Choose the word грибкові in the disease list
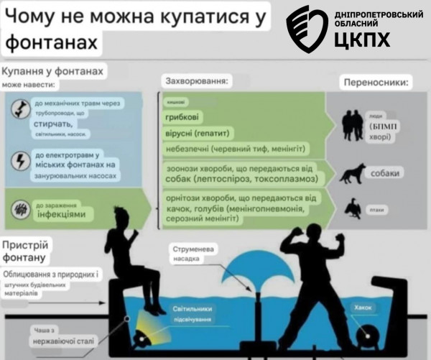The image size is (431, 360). (x=183, y=117)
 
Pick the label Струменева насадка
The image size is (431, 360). (x=191, y=254)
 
